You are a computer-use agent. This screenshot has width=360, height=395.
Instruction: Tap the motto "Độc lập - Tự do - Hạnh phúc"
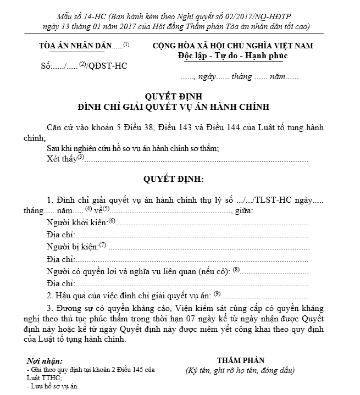233,56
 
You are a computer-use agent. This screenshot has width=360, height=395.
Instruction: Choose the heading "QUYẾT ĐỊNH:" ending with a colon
174,179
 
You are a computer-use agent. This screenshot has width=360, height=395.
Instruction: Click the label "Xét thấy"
62,159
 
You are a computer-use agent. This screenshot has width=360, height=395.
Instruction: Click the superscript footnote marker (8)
237,270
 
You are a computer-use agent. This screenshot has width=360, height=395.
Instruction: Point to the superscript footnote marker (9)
217,294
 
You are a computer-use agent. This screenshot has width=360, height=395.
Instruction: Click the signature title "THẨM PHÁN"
241,360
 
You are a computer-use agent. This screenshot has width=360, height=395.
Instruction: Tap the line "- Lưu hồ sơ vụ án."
53,386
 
